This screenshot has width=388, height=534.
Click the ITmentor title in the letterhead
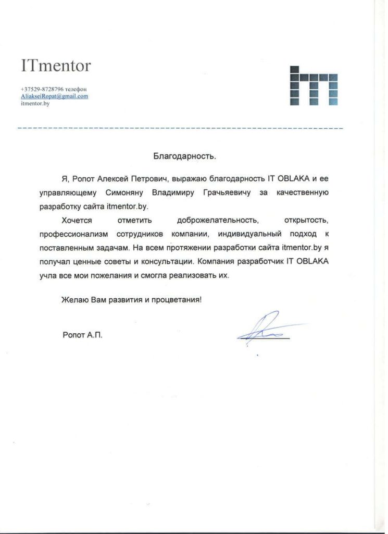56,66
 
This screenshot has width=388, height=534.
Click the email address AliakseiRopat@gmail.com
54,96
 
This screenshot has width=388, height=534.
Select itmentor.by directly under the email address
35,104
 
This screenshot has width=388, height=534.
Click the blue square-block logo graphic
314,86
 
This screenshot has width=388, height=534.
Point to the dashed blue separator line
180,128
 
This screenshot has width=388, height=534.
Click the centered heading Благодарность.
184,155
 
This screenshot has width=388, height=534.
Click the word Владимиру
172,192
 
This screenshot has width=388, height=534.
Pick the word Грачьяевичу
227,192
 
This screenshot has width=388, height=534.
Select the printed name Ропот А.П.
82,335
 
